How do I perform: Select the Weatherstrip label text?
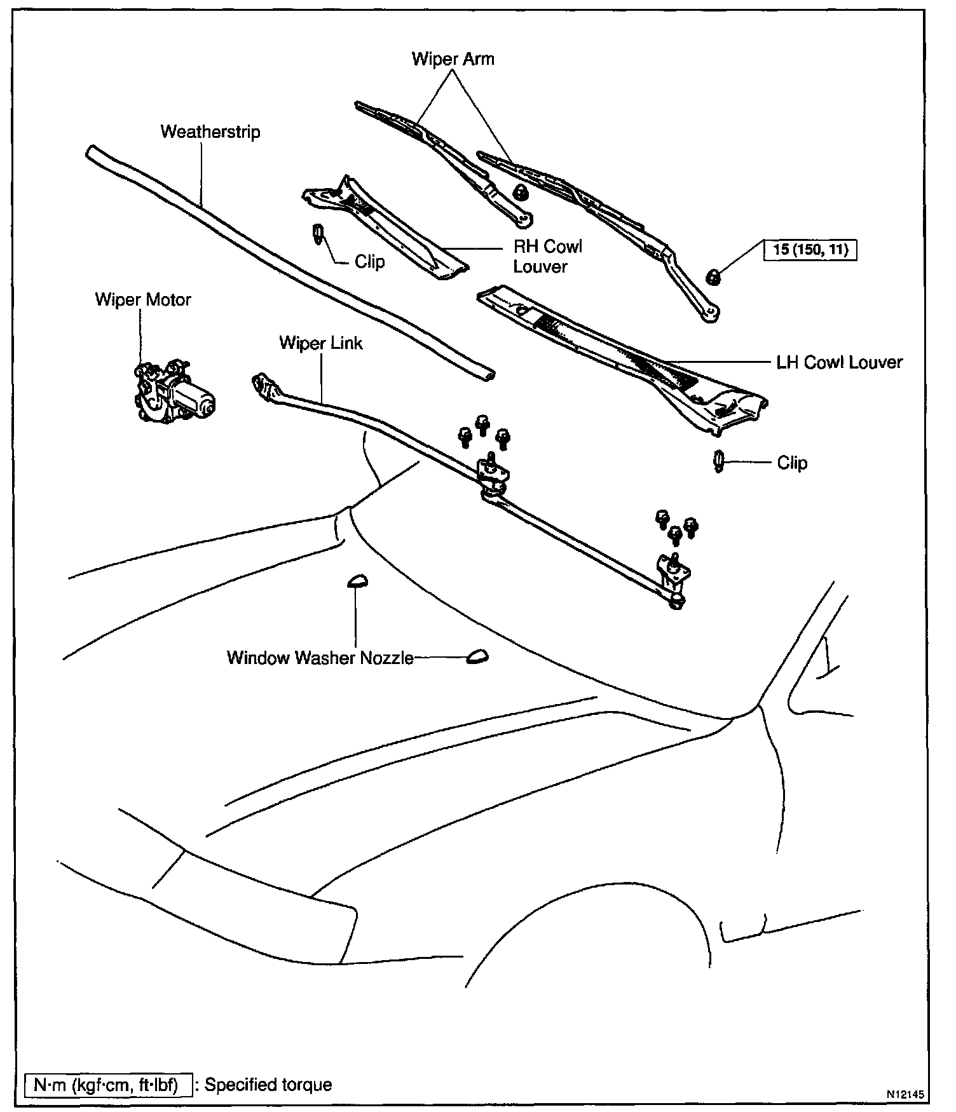click(210, 132)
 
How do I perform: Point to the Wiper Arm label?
click(453, 59)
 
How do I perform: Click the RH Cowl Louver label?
click(547, 257)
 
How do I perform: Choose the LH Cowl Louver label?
click(839, 363)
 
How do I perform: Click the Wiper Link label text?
click(320, 344)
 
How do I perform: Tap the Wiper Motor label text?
click(143, 300)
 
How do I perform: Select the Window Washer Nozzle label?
click(320, 658)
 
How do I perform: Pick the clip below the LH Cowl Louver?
click(719, 461)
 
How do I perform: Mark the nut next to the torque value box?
click(713, 276)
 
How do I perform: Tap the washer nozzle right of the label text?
click(477, 657)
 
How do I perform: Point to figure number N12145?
click(905, 1094)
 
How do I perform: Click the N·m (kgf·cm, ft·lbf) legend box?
click(106, 1085)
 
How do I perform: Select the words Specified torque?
click(268, 1085)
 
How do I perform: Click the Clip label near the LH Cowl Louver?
click(792, 463)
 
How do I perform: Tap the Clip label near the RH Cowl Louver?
click(369, 262)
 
